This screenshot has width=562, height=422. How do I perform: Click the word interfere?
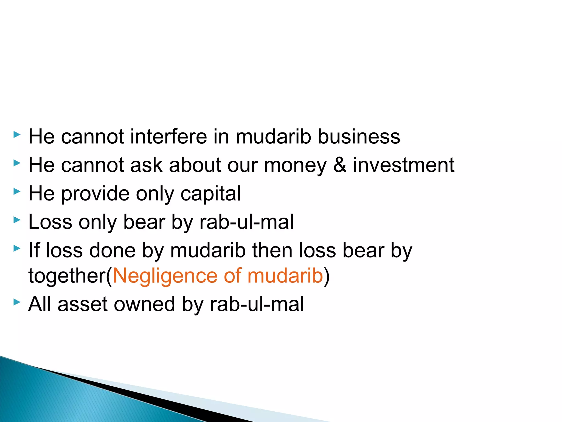168,137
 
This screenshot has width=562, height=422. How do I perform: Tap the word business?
359,137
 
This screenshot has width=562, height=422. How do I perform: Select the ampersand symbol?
340,165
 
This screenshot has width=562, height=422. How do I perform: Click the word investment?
404,165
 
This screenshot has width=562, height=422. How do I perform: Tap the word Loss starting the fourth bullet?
50,222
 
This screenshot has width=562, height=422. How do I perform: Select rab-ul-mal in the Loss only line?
246,222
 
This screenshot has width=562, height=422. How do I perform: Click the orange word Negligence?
165,276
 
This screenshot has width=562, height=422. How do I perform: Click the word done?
112,251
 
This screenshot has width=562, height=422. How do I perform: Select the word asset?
82,304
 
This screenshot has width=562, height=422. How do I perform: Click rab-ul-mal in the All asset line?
257,304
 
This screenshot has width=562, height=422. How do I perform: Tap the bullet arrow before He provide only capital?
17,191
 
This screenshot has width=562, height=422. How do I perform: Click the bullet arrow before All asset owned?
17,302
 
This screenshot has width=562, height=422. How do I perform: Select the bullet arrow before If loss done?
17,248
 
